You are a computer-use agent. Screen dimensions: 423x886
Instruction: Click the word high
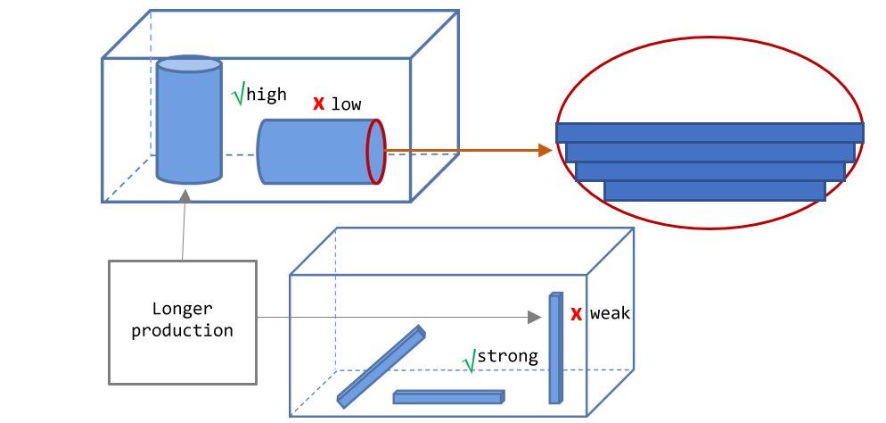tap(267, 95)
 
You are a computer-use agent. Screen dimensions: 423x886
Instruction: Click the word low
tap(347, 104)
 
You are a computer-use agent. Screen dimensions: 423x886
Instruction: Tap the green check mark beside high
tap(237, 94)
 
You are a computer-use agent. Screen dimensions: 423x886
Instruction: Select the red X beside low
tap(317, 104)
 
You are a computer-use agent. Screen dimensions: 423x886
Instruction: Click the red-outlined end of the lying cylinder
tap(376, 152)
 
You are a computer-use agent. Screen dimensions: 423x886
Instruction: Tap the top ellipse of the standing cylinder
tap(189, 65)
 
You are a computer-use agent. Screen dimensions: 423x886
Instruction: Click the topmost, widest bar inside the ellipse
tap(710, 132)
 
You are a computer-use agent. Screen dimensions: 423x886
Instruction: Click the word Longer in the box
tap(183, 310)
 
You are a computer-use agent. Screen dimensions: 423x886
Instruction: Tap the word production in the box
tap(183, 330)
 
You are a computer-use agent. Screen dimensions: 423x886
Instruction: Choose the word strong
tap(508, 357)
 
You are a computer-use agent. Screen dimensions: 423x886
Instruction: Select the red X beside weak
tap(577, 314)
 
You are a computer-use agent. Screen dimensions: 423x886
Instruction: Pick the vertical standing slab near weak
tap(555, 346)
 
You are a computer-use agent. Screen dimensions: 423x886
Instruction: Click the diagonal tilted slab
tap(381, 366)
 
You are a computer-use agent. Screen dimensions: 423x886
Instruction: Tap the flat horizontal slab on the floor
tap(448, 397)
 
